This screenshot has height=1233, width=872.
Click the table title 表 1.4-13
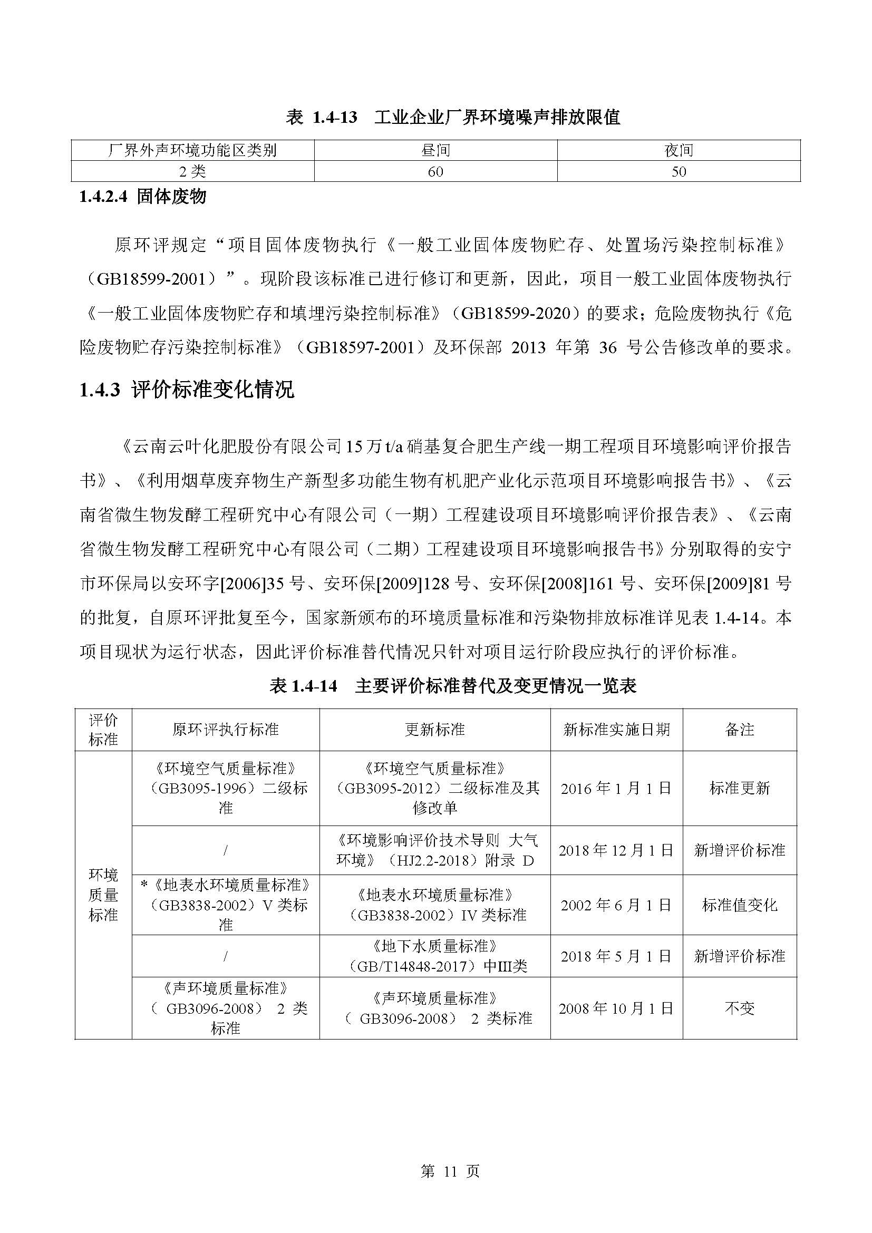[x=453, y=116]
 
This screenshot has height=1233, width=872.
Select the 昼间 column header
[x=435, y=150]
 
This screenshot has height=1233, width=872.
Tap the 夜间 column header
[x=679, y=150]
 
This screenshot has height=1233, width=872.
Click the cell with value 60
[x=435, y=171]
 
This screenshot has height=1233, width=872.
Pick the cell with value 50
[x=679, y=171]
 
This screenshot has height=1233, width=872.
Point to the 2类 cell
[x=192, y=171]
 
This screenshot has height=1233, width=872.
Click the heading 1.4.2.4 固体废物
[x=143, y=197]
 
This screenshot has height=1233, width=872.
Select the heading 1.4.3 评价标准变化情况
[x=187, y=390]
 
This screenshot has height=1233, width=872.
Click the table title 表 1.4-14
[x=453, y=686]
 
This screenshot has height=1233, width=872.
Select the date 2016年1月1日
[x=616, y=788]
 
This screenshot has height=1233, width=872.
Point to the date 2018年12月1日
[x=616, y=850]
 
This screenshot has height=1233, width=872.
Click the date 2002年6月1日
[x=616, y=905]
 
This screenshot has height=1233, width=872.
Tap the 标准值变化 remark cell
[x=739, y=905]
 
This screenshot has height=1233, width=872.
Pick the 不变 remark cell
[x=739, y=1008]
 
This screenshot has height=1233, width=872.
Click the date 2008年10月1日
[x=616, y=1008]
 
